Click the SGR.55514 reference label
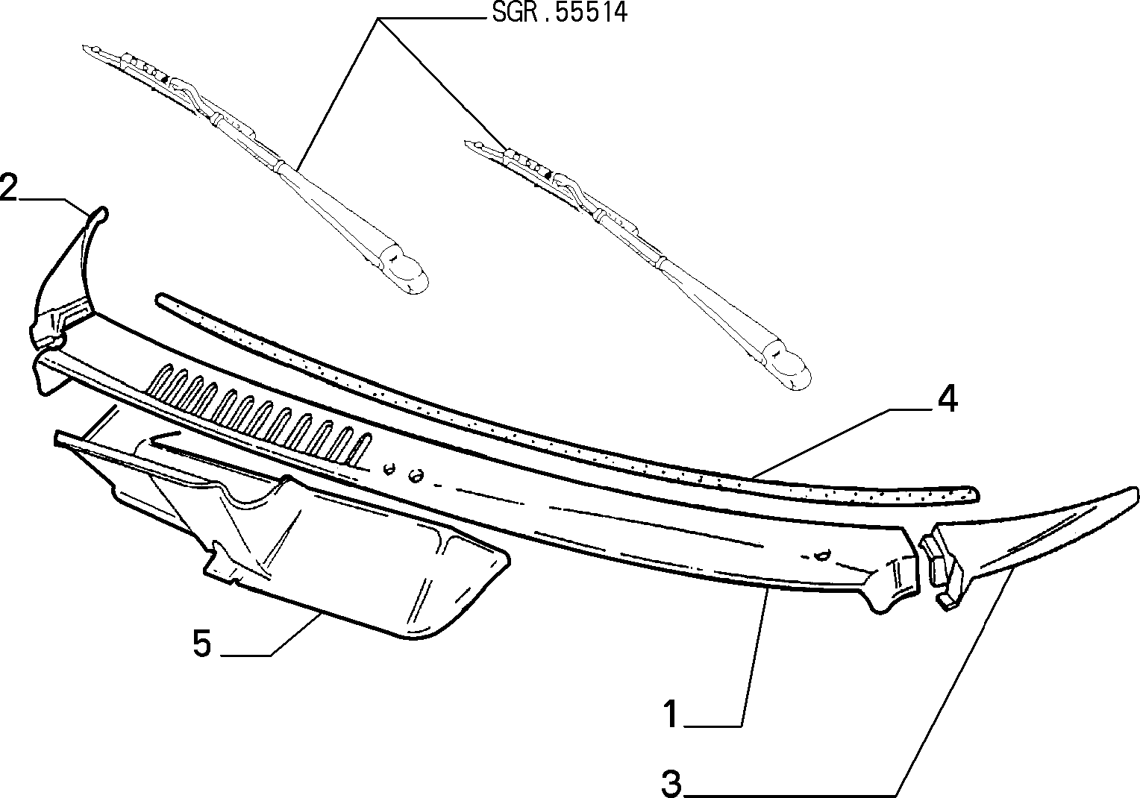pyautogui.click(x=560, y=13)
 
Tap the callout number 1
pyautogui.click(x=671, y=714)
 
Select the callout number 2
pyautogui.click(x=8, y=187)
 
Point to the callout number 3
pyautogui.click(x=671, y=784)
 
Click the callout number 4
pyautogui.click(x=948, y=398)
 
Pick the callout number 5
pyautogui.click(x=202, y=644)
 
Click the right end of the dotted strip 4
pyautogui.click(x=973, y=494)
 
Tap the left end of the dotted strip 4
pyautogui.click(x=160, y=298)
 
